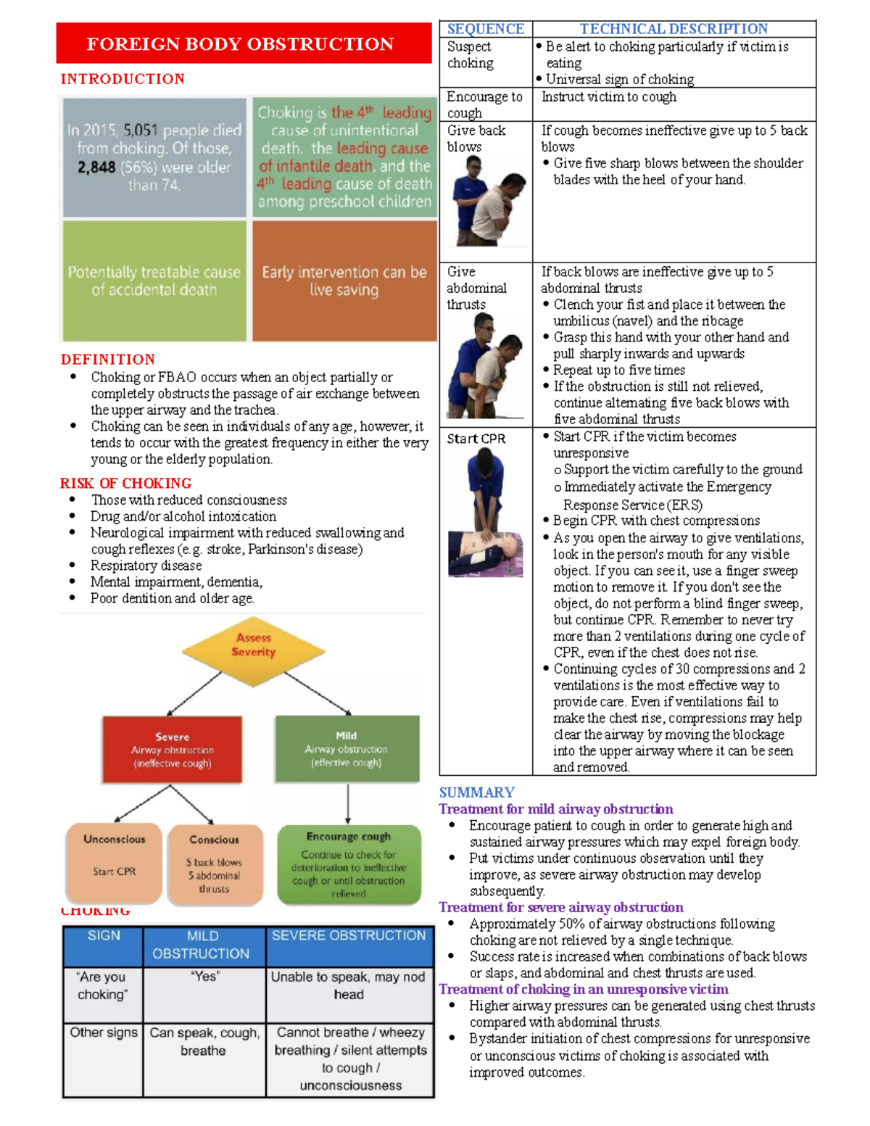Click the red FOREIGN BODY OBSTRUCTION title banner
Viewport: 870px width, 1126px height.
244,43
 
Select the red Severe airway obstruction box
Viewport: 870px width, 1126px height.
172,749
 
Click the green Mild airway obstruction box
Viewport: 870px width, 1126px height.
347,748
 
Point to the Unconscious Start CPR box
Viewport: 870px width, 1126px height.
114,863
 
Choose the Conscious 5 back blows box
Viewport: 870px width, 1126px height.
215,864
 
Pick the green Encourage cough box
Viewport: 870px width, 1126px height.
349,864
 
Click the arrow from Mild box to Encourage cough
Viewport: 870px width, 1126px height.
348,803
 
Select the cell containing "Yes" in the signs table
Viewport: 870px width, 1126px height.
204,995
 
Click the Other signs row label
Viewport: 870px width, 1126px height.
104,1032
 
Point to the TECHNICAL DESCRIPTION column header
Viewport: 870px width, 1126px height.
674,28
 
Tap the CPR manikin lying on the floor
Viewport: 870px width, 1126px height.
486,554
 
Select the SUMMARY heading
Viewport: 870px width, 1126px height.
477,792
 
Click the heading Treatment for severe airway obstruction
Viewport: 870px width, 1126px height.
561,907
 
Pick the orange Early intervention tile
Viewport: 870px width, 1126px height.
344,281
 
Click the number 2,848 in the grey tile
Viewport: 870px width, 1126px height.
96,167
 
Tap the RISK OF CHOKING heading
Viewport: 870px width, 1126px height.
126,484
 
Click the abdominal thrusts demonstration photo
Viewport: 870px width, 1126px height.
486,365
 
